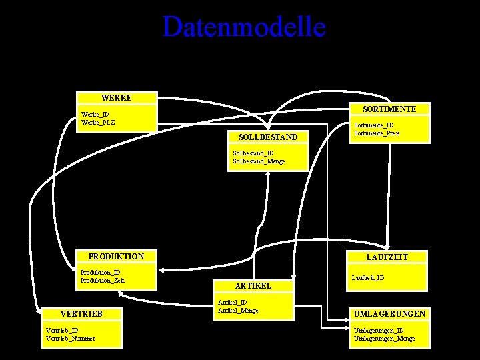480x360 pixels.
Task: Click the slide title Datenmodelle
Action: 244,27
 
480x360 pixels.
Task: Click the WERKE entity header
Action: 116,98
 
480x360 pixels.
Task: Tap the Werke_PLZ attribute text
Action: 97,122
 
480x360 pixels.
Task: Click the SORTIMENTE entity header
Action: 389,109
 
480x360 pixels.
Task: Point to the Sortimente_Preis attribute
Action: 377,133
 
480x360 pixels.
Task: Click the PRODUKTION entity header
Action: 116,257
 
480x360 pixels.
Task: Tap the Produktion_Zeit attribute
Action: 102,280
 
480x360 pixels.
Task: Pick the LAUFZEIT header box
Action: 387,257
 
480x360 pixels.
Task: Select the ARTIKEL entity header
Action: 253,285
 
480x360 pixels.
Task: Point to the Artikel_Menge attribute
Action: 238,310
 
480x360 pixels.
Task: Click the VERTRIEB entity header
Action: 81,314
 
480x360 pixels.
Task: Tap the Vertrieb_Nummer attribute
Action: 70,338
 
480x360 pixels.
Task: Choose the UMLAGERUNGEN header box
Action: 389,314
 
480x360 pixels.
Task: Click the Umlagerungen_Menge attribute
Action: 383,338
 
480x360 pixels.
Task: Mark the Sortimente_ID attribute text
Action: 373,125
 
